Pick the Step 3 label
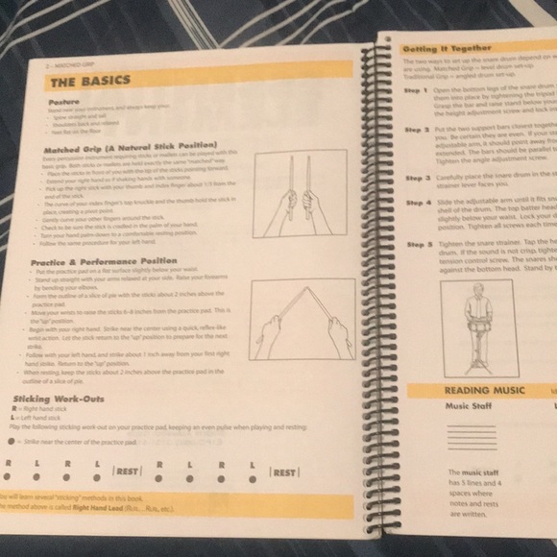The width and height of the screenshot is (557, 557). pos(418,178)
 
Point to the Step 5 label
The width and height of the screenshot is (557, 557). pos(418,245)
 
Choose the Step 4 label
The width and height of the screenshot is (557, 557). pos(418,204)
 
